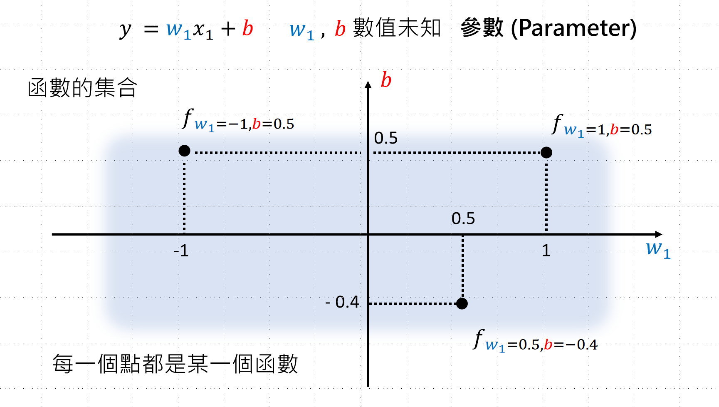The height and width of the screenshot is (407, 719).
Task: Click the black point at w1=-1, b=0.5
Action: [x=184, y=151]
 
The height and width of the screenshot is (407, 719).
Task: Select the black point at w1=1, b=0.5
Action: [x=546, y=153]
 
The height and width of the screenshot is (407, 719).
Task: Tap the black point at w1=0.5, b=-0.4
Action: [x=462, y=303]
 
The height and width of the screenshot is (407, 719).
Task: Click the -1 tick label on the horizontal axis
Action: [x=181, y=251]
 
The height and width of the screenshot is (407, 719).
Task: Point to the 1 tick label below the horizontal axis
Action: [x=546, y=251]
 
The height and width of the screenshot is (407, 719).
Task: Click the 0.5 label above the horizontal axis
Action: [x=463, y=218]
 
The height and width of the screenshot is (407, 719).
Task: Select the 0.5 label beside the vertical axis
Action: [x=385, y=138]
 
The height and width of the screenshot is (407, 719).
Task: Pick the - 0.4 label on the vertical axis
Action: [x=342, y=302]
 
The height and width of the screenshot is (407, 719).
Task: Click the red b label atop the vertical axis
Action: [x=386, y=80]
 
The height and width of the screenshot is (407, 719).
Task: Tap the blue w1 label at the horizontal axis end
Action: [x=658, y=249]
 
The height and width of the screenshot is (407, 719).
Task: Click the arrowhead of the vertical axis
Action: [x=368, y=85]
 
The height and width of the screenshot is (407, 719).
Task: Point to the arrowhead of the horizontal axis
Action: [x=658, y=234]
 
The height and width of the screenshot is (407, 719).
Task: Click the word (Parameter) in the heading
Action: [x=573, y=28]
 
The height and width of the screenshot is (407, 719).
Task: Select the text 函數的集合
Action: [x=82, y=88]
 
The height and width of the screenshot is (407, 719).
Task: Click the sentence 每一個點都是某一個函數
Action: [x=175, y=364]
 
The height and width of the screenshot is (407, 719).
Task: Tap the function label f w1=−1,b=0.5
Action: [x=238, y=121]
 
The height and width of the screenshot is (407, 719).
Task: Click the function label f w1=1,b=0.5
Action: [x=601, y=126]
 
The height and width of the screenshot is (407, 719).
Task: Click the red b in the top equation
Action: [x=248, y=29]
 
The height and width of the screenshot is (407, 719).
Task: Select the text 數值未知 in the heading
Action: [x=397, y=28]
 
